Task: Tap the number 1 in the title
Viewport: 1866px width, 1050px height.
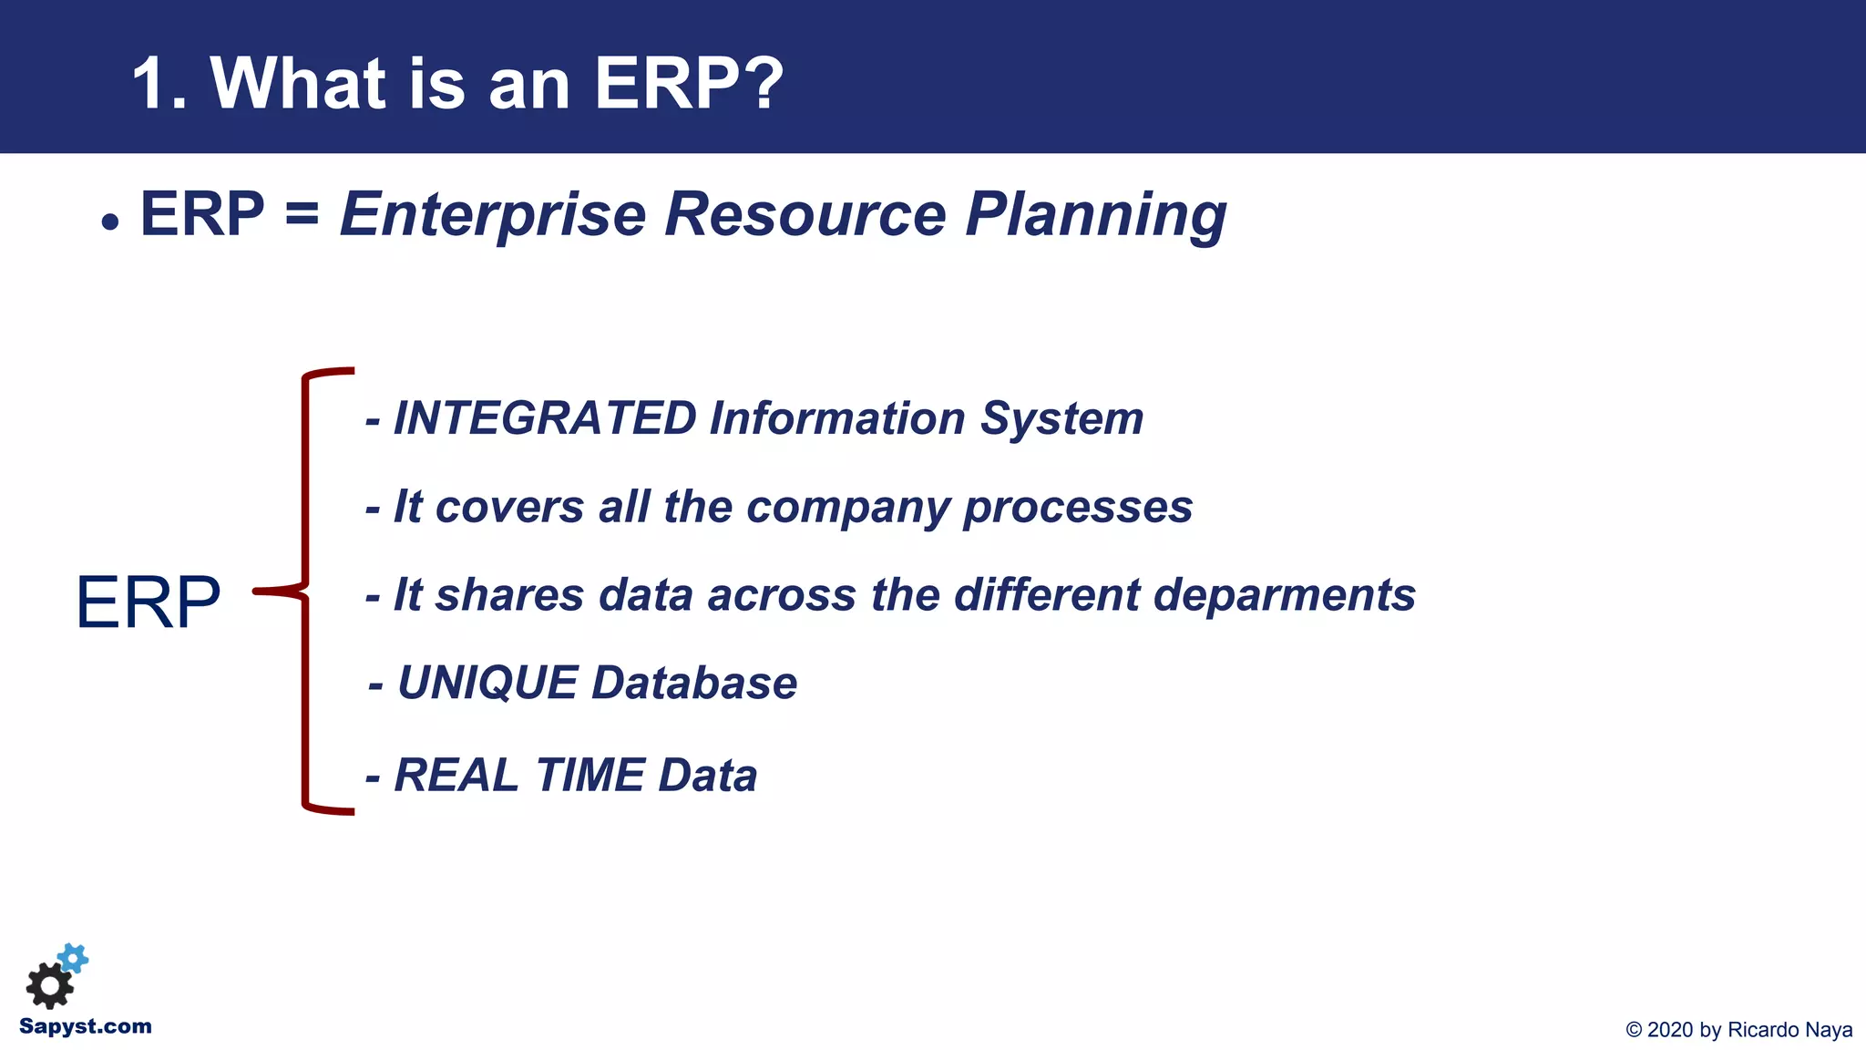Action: click(x=151, y=84)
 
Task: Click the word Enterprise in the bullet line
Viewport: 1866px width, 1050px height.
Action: click(x=493, y=215)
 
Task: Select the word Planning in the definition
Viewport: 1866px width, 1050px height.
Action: click(x=1095, y=217)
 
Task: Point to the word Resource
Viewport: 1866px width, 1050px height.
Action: click(x=805, y=215)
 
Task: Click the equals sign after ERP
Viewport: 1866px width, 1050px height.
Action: click(x=302, y=215)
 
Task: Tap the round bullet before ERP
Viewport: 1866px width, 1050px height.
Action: click(x=110, y=221)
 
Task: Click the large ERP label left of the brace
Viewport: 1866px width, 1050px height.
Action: click(x=148, y=602)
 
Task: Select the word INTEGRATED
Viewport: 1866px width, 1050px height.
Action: click(x=545, y=418)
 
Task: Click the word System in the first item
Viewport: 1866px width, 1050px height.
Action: click(x=1061, y=419)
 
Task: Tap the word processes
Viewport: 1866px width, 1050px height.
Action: click(x=1078, y=508)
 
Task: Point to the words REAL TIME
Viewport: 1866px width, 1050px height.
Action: click(x=518, y=776)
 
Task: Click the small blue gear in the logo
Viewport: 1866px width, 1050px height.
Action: click(x=73, y=957)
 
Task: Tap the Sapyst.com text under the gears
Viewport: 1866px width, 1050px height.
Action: click(x=85, y=1026)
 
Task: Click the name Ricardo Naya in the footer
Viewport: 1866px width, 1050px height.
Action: click(x=1789, y=1030)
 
